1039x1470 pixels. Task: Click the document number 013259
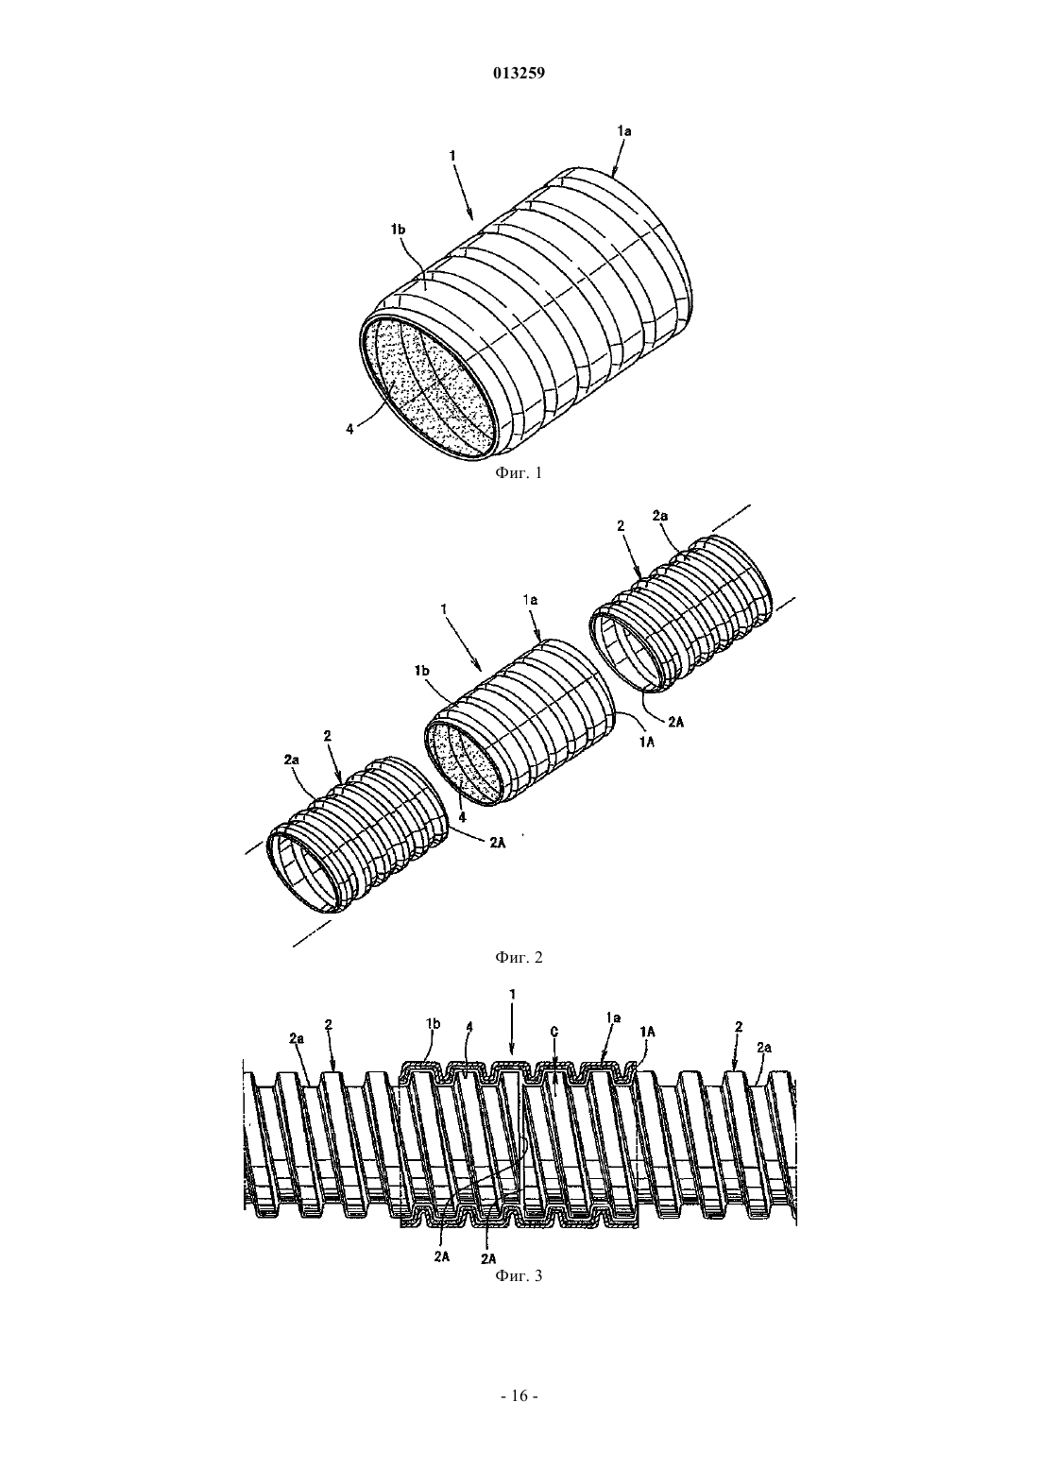pos(519,74)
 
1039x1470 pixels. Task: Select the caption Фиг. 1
pos(519,472)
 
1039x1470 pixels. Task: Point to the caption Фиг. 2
pos(519,957)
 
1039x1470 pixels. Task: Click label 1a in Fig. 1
pos(623,131)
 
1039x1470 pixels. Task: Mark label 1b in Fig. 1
pos(398,229)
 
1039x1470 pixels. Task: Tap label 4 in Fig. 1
pos(349,429)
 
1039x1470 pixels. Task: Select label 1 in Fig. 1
pos(451,156)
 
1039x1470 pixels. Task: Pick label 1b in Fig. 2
pos(421,671)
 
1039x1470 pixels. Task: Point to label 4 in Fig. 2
pos(463,818)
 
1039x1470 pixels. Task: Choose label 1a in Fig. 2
pos(530,600)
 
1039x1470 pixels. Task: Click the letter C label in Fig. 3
pos(554,1033)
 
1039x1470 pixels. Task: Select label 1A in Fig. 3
pos(647,1032)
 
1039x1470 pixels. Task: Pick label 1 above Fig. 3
pos(512,995)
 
